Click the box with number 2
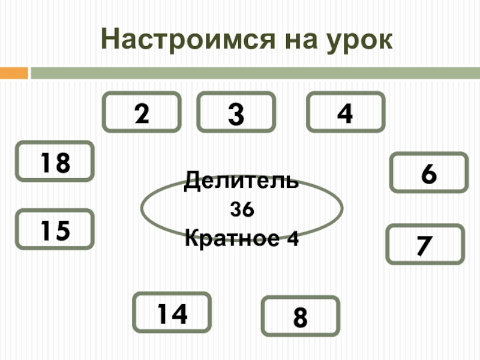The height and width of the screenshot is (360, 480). pyautogui.click(x=142, y=112)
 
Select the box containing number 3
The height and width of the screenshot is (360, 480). pyautogui.click(x=236, y=112)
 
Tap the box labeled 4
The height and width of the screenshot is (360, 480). pyautogui.click(x=346, y=112)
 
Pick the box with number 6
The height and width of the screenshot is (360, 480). pyautogui.click(x=428, y=173)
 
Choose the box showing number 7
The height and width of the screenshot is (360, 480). pyautogui.click(x=424, y=244)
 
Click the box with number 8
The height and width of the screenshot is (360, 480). pyautogui.click(x=301, y=316)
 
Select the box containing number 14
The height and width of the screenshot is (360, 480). pyautogui.click(x=172, y=313)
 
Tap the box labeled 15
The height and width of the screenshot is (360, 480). pyautogui.click(x=54, y=229)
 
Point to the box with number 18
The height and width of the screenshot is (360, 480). pyautogui.click(x=54, y=161)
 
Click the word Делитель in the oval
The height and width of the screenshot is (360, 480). pyautogui.click(x=241, y=180)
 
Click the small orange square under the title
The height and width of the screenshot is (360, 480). pyautogui.click(x=14, y=74)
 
